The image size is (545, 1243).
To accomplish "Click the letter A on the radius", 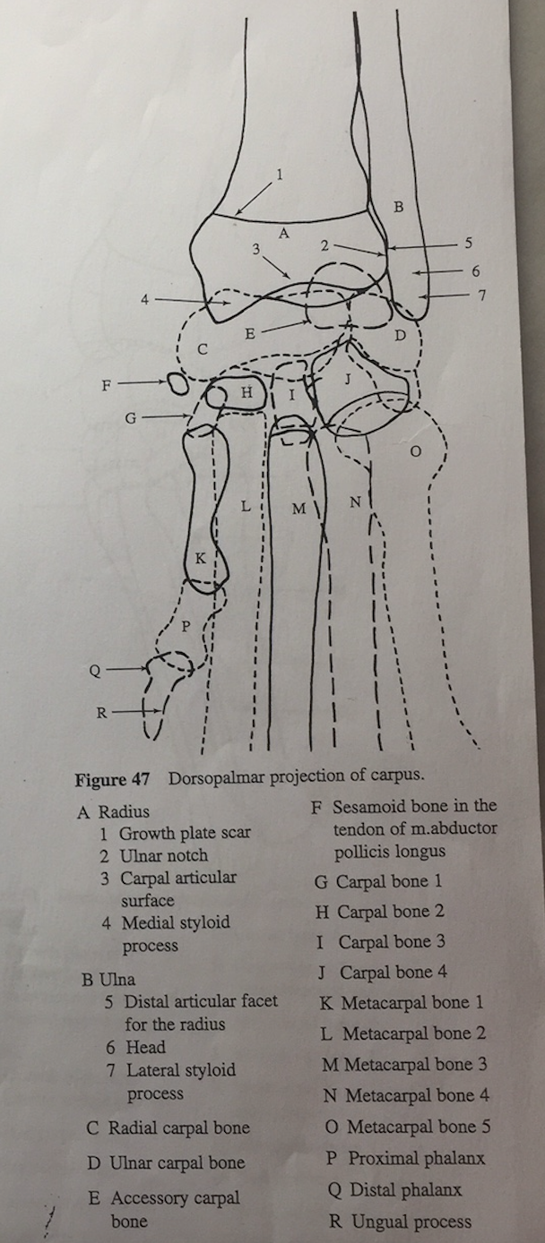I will click(x=283, y=233).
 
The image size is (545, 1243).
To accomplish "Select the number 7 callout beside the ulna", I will click(x=481, y=296).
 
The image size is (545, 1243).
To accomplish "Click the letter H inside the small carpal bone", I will click(x=247, y=393).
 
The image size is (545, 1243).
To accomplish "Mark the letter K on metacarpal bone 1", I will click(x=200, y=558).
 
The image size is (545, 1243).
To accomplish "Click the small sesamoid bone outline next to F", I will click(x=177, y=384).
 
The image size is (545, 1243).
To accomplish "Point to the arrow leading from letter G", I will click(x=166, y=416).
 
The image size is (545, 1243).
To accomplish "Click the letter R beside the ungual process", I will click(x=101, y=714).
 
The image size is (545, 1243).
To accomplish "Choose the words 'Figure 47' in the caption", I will click(x=113, y=779).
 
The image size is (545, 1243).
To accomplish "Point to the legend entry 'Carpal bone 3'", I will click(x=392, y=941).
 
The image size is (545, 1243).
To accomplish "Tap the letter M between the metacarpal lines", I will click(x=299, y=510).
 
